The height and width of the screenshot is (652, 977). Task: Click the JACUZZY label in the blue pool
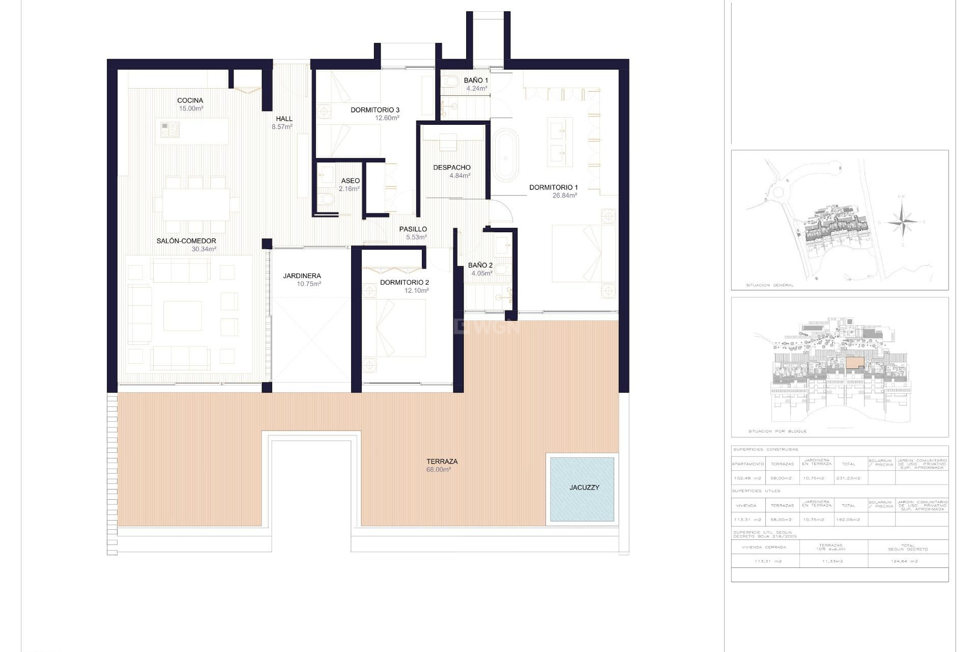point(584,487)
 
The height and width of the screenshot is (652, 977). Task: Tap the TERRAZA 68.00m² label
point(442,465)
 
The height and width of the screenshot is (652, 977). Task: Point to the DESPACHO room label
point(452,168)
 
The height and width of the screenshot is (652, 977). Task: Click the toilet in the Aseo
point(326,200)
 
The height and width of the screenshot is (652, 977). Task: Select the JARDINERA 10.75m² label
point(302,280)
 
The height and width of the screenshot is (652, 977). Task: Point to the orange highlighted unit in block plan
point(855,362)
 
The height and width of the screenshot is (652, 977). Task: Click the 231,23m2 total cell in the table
point(848,478)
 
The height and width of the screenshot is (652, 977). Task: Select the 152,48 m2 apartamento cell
point(748,478)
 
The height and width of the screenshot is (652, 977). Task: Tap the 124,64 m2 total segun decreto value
point(907,561)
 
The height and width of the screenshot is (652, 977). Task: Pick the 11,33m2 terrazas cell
point(833,561)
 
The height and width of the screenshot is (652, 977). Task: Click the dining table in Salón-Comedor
point(196,204)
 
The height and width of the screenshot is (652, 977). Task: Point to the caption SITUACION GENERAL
point(769,285)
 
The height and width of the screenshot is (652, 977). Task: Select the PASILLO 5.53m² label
point(413,233)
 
